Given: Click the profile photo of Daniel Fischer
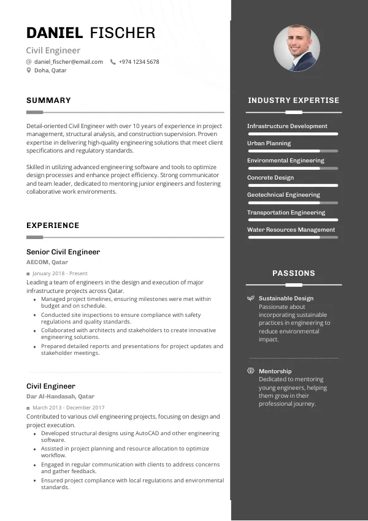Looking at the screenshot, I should pyautogui.click(x=297, y=48).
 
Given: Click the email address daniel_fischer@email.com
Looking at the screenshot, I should pyautogui.click(x=69, y=62).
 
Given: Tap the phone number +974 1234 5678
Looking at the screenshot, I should pyautogui.click(x=139, y=62).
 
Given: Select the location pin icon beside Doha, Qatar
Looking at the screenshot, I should pyautogui.click(x=29, y=70).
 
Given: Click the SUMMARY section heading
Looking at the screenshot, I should pyautogui.click(x=48, y=101).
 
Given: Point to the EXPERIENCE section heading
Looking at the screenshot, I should pyautogui.click(x=53, y=226).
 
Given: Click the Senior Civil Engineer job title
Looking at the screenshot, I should pyautogui.click(x=63, y=252).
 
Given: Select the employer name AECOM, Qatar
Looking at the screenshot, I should pyautogui.click(x=47, y=262).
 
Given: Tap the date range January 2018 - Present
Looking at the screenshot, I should pyautogui.click(x=60, y=273).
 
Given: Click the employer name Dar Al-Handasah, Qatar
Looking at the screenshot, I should pyautogui.click(x=60, y=397).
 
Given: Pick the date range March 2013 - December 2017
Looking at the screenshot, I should pyautogui.click(x=69, y=408).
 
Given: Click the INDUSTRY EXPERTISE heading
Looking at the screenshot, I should pyautogui.click(x=293, y=101).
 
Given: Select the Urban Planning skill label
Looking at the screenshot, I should pyautogui.click(x=269, y=143).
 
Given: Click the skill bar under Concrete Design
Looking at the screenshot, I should pyautogui.click(x=293, y=185).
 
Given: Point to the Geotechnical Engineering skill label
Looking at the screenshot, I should pyautogui.click(x=283, y=195).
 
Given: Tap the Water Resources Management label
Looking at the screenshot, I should pyautogui.click(x=291, y=230).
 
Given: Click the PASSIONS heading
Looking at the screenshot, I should pyautogui.click(x=293, y=273).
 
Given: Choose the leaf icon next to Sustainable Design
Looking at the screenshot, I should pyautogui.click(x=250, y=299).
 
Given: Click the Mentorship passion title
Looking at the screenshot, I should pyautogui.click(x=275, y=371).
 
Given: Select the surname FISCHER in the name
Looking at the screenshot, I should pyautogui.click(x=123, y=33).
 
